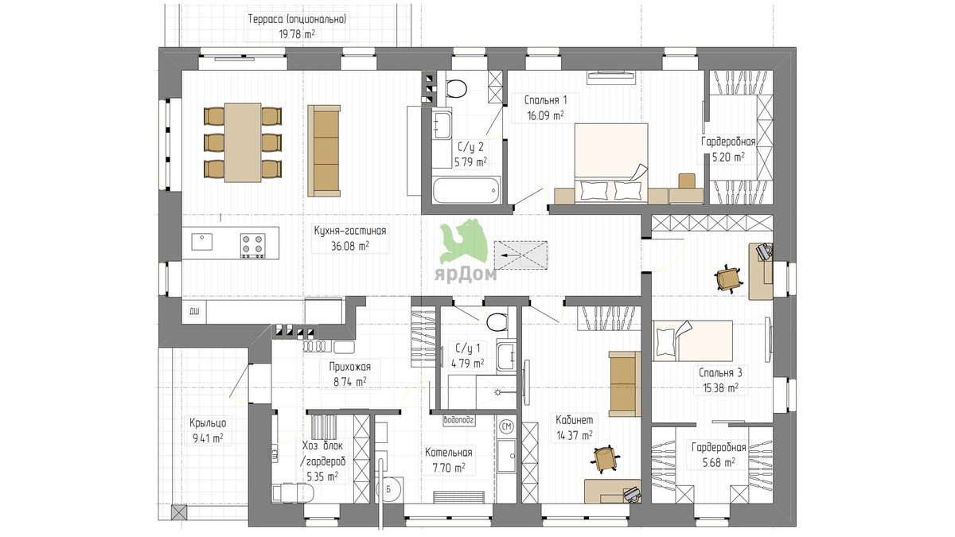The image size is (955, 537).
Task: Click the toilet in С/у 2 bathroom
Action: (456, 88)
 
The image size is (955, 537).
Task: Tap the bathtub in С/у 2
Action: (466, 191)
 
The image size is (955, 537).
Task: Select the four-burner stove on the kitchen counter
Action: (252, 245)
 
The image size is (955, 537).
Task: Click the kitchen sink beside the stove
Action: (201, 242)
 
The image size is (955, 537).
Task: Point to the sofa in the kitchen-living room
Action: (324, 151)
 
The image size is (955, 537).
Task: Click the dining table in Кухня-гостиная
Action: (243, 142)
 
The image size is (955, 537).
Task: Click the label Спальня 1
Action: (545, 100)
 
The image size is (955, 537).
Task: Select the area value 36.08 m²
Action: (350, 246)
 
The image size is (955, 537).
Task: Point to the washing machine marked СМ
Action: (507, 426)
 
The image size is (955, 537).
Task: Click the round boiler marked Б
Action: (389, 490)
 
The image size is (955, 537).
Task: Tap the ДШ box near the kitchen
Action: (194, 312)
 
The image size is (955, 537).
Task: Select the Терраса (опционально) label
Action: (297, 19)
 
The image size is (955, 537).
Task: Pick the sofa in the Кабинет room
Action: (625, 384)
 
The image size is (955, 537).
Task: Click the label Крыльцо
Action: (208, 423)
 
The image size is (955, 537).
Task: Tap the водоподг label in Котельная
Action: (458, 420)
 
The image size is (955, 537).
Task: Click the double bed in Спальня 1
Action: (611, 163)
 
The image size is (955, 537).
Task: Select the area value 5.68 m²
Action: (719, 462)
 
